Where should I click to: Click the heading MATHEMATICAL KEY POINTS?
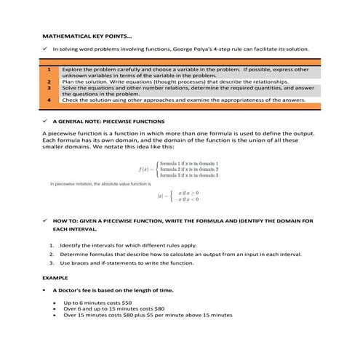click(x=87, y=36)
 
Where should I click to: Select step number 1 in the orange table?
click(x=48, y=70)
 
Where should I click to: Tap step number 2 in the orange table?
click(x=48, y=82)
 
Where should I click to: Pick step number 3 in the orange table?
click(x=48, y=88)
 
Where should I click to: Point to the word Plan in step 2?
click(x=68, y=82)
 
